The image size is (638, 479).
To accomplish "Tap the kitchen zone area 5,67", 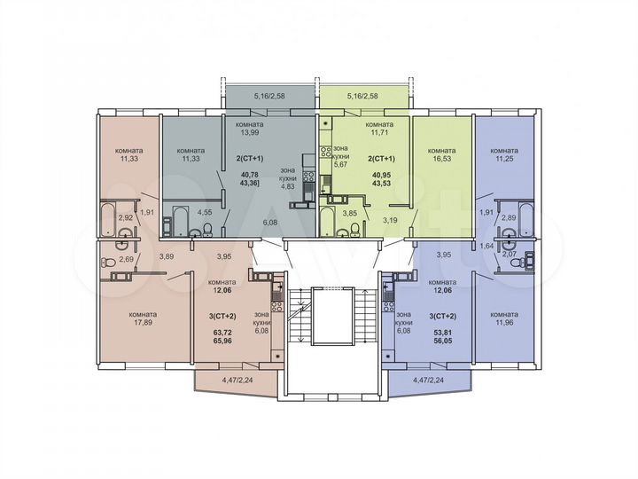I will (x=341, y=162).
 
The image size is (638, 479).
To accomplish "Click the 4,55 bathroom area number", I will (x=204, y=212).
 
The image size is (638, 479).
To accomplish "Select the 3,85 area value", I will (x=350, y=212).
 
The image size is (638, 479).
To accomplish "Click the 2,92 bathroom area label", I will (x=126, y=216).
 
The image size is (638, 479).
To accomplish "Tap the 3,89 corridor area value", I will (x=166, y=256).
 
